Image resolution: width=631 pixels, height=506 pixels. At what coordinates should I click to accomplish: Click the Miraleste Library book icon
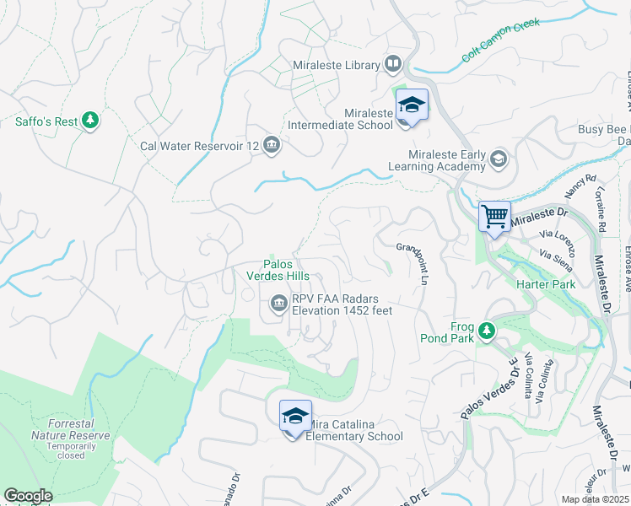[x=392, y=64]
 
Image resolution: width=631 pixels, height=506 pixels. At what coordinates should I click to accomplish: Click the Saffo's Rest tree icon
[x=90, y=121]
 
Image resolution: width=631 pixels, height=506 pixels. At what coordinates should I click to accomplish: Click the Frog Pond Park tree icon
[x=486, y=331]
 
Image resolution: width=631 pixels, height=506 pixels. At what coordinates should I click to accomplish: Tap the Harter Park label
[x=546, y=284]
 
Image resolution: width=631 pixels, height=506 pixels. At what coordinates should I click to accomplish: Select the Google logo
[x=28, y=496]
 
